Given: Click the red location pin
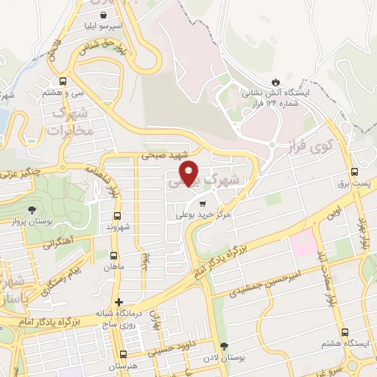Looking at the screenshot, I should (x=190, y=172).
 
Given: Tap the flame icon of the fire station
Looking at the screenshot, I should (x=276, y=80).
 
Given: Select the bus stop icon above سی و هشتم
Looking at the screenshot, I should (x=63, y=81).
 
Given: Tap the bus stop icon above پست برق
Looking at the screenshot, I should (x=355, y=167).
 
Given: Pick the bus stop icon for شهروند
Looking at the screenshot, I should (x=118, y=216).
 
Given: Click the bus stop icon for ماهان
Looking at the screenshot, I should (x=113, y=256).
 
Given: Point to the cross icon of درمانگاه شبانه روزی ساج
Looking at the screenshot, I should (x=119, y=302).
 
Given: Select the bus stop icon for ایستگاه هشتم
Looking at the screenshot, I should (x=346, y=333).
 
